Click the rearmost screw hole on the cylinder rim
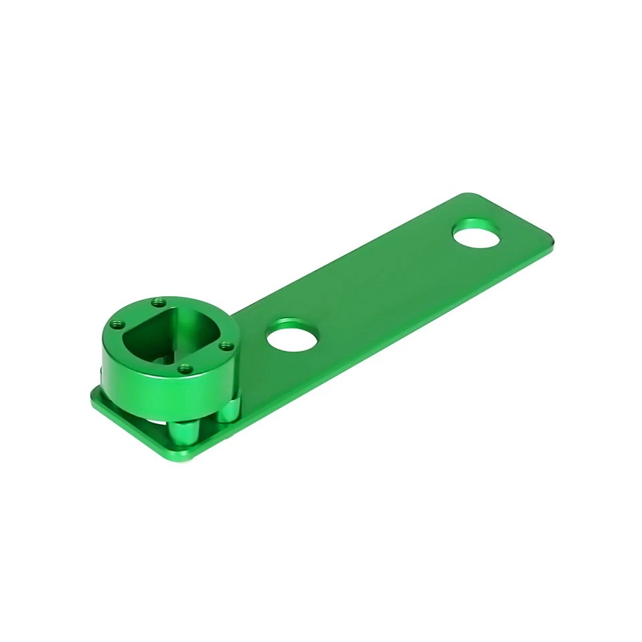[158, 303]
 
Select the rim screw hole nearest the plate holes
[225, 346]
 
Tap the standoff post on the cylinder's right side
[229, 409]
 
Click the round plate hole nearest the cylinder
[292, 338]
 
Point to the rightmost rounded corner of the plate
[550, 235]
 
